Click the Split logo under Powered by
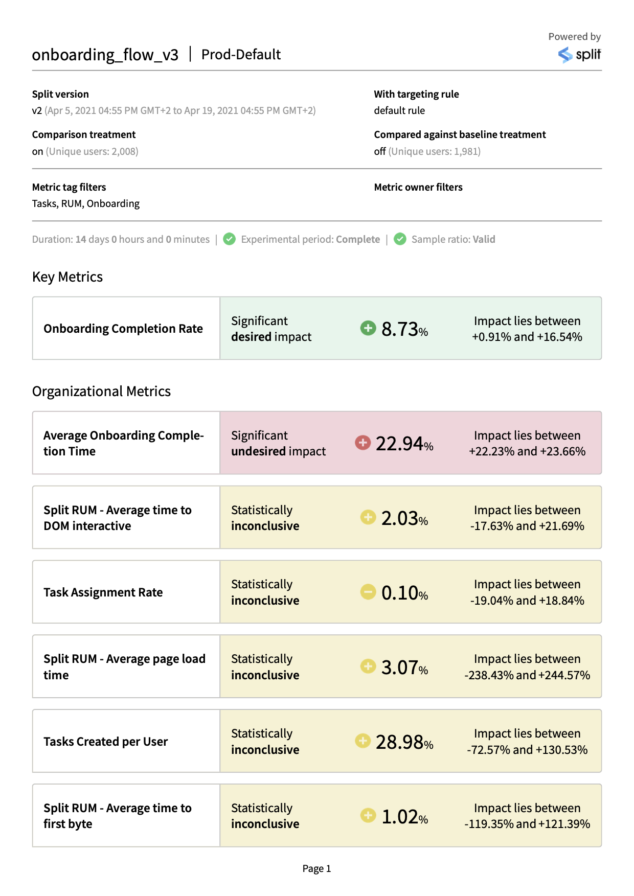coord(579,54)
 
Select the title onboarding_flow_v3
coord(105,55)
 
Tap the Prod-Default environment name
coord(241,55)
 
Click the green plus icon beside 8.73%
coord(368,328)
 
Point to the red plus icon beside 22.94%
coord(363,442)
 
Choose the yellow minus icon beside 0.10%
coord(368,592)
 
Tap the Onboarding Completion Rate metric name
coord(123,329)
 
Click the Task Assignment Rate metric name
coord(103,592)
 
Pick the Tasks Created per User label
coord(106,742)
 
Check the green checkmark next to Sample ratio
coord(400,239)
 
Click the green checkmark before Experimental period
coord(230,239)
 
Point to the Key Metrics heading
coord(67,277)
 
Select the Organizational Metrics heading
coord(101,392)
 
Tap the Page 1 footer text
coord(316,868)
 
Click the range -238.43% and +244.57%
coord(527,675)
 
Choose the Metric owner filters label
coord(418,187)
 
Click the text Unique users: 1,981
coord(435,151)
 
